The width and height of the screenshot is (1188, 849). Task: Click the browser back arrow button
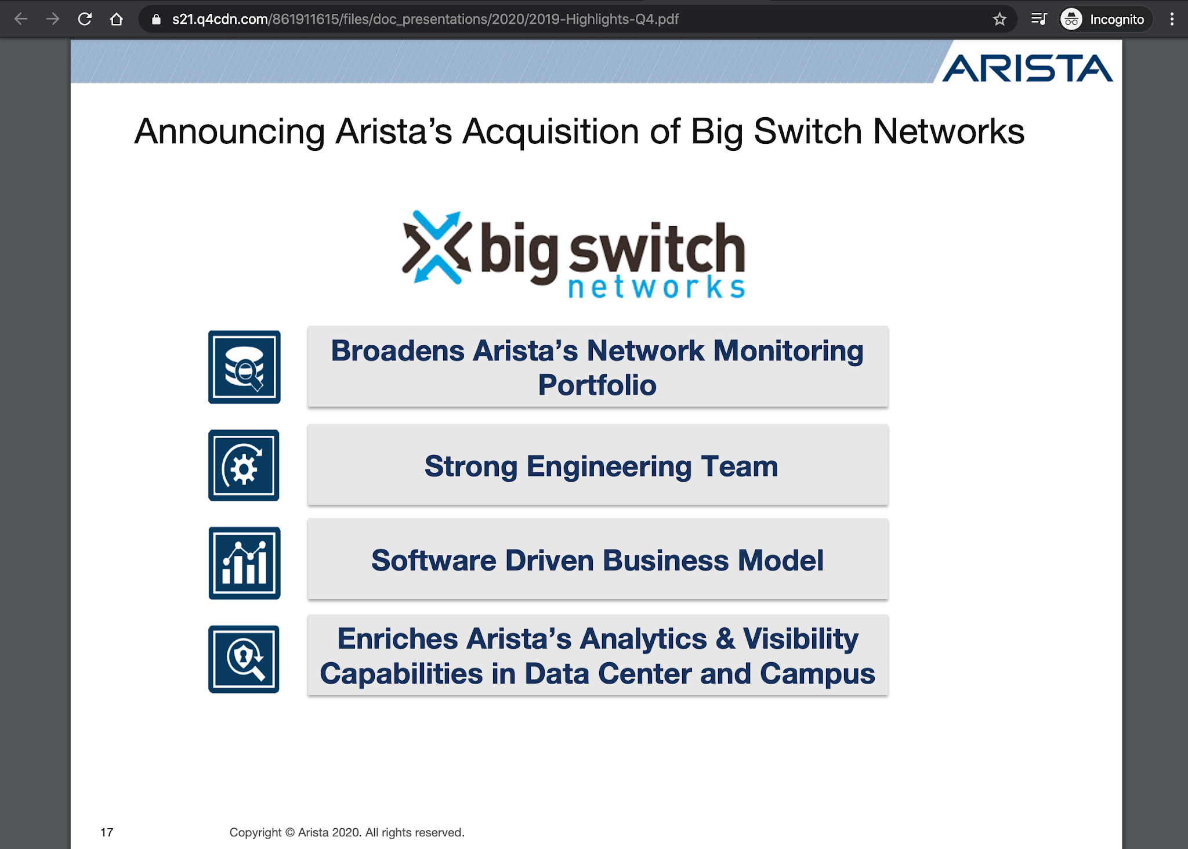[21, 19]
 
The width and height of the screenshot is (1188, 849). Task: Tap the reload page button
[85, 19]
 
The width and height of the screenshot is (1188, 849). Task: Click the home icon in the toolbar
[117, 19]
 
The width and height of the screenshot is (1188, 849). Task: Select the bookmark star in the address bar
[999, 19]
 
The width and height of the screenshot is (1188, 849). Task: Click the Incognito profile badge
[1103, 19]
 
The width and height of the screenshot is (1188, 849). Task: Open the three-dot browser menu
[1172, 19]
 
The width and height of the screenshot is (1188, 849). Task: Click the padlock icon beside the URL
[155, 19]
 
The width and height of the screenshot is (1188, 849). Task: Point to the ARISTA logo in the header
[1027, 68]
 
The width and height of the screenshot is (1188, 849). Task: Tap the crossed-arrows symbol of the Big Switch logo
[436, 248]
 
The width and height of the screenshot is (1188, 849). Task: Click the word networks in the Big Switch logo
[656, 287]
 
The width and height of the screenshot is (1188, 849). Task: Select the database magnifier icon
[244, 367]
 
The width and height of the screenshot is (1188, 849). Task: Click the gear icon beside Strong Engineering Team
[244, 465]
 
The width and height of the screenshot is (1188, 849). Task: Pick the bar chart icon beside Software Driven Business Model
[244, 563]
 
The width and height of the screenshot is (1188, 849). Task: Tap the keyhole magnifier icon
[244, 659]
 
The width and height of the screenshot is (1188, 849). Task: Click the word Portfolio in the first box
[597, 385]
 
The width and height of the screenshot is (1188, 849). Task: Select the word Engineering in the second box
[609, 467]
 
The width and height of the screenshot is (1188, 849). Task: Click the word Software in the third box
[433, 561]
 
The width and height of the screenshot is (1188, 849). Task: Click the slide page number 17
[107, 832]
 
